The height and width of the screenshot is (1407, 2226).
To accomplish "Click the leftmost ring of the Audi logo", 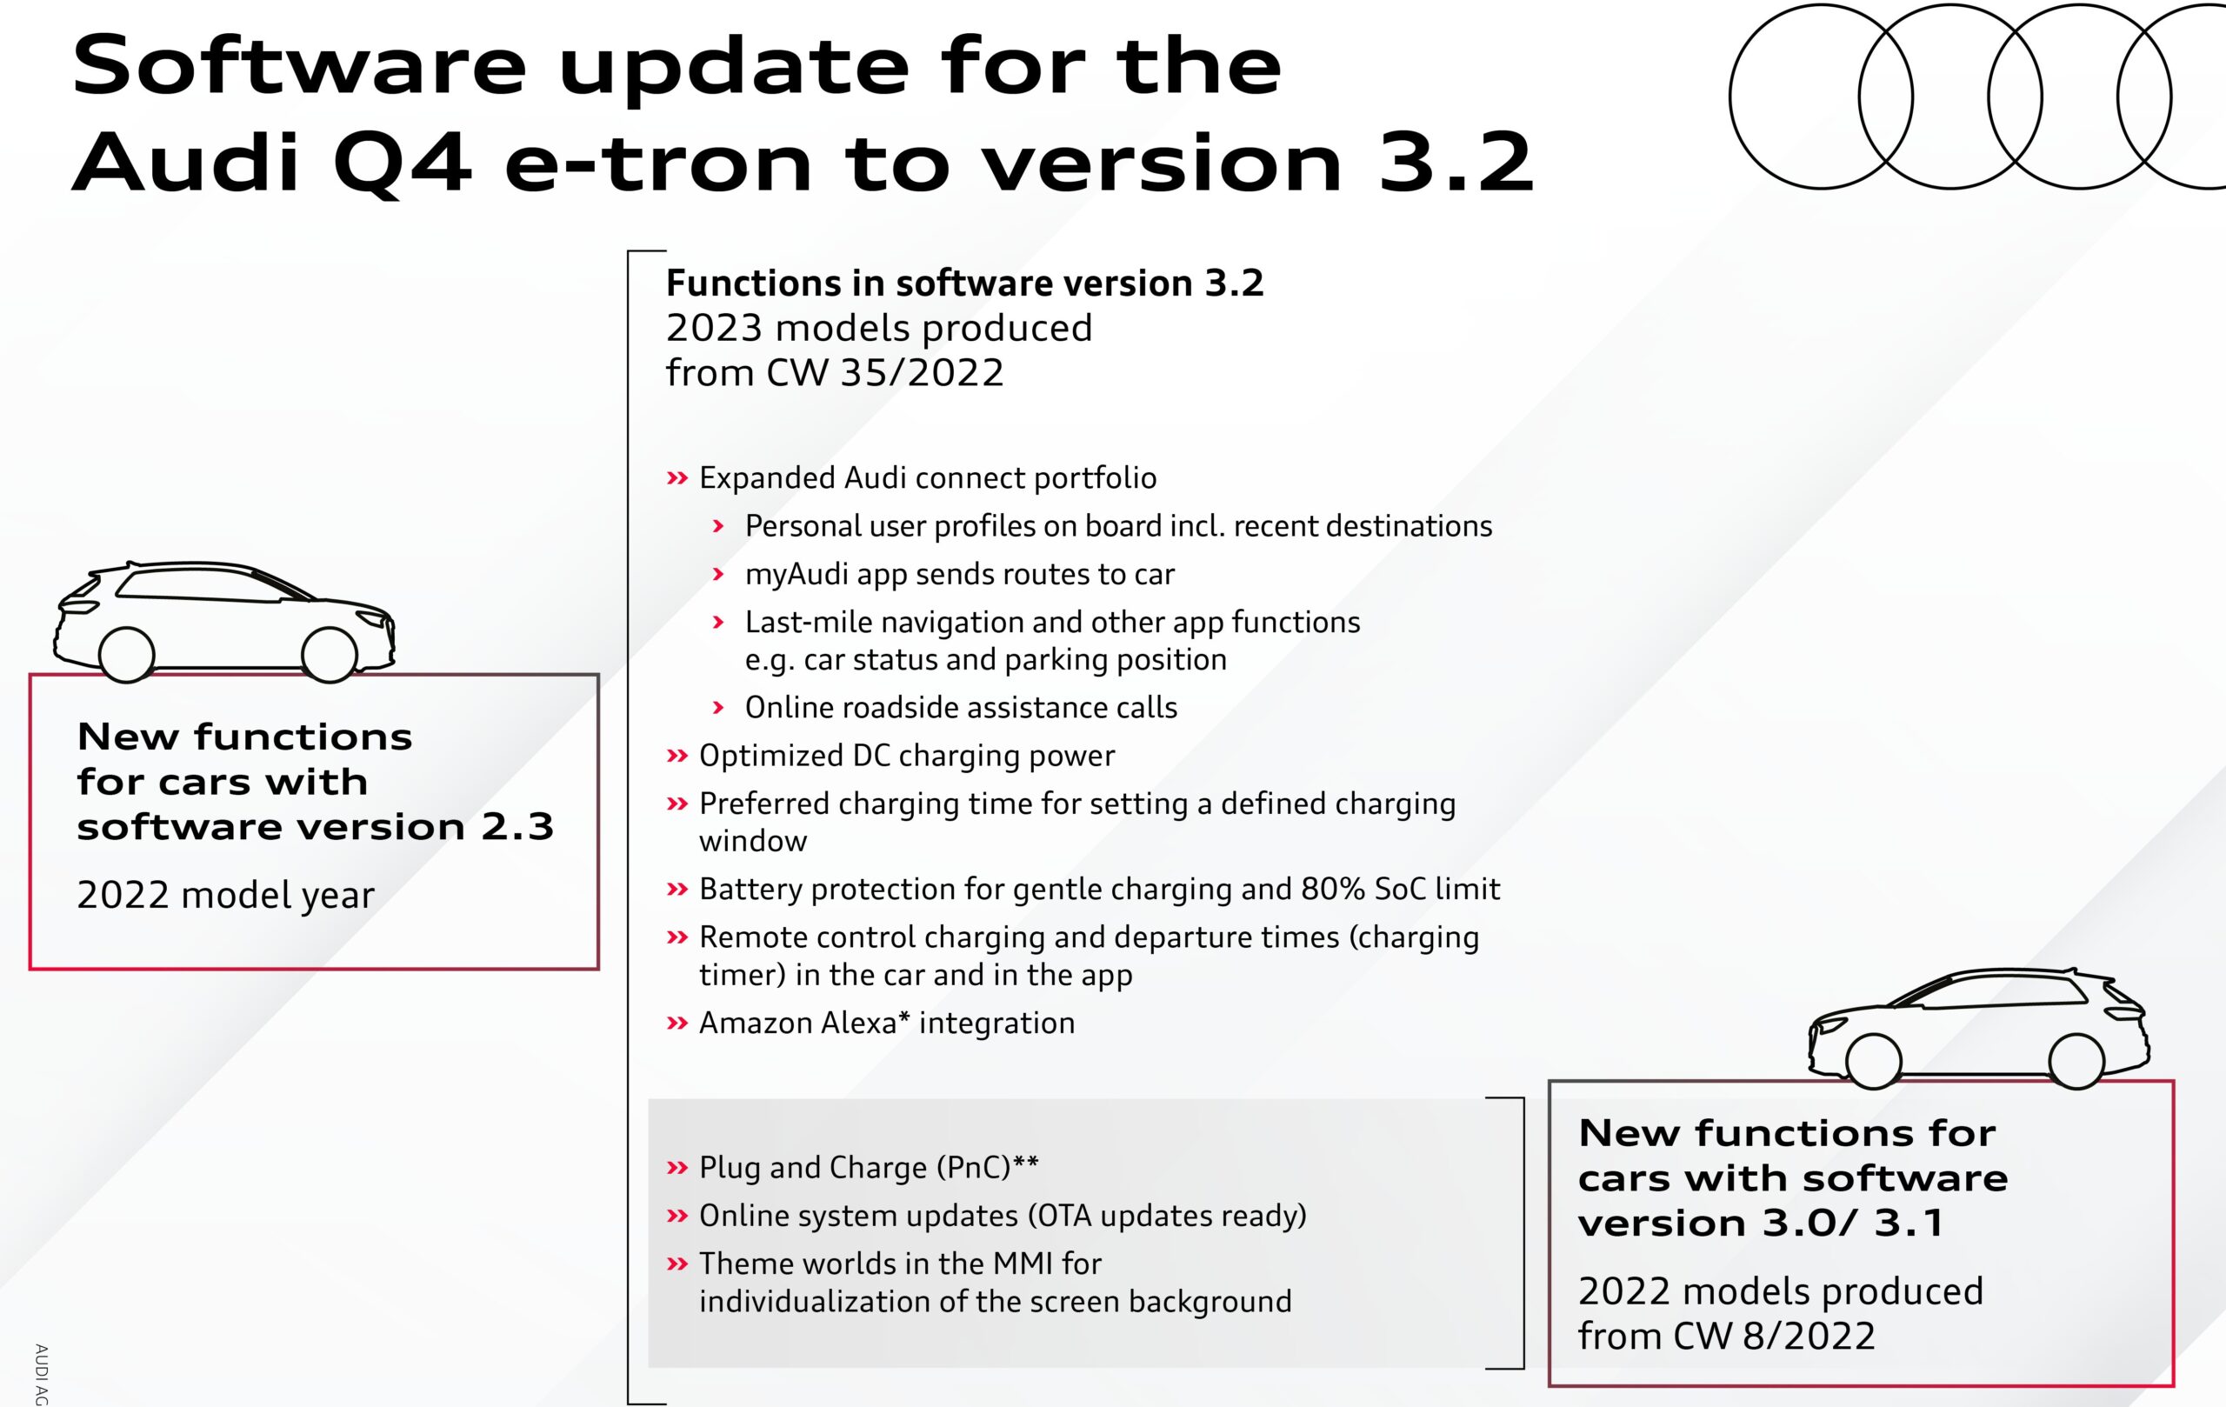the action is click(x=1730, y=97).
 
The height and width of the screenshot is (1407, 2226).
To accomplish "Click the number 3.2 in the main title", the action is click(x=1456, y=163).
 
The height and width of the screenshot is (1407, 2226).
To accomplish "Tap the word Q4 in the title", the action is click(x=402, y=164).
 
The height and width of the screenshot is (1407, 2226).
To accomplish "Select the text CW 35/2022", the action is click(x=884, y=372).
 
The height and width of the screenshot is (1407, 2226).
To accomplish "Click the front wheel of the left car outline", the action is click(x=329, y=655).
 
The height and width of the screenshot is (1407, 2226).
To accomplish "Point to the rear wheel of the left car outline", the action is click(x=126, y=655).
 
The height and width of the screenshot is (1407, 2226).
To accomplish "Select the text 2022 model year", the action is click(x=225, y=895).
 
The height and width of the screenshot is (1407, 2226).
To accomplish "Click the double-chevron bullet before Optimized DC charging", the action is click(x=677, y=757).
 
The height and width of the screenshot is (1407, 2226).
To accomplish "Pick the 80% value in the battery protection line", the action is click(x=1333, y=889).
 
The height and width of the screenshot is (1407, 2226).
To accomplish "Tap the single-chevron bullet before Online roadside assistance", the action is click(x=718, y=708).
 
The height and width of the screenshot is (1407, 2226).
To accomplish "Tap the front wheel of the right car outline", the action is click(x=1874, y=1061).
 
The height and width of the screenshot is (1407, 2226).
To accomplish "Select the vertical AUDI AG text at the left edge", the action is click(x=41, y=1375).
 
